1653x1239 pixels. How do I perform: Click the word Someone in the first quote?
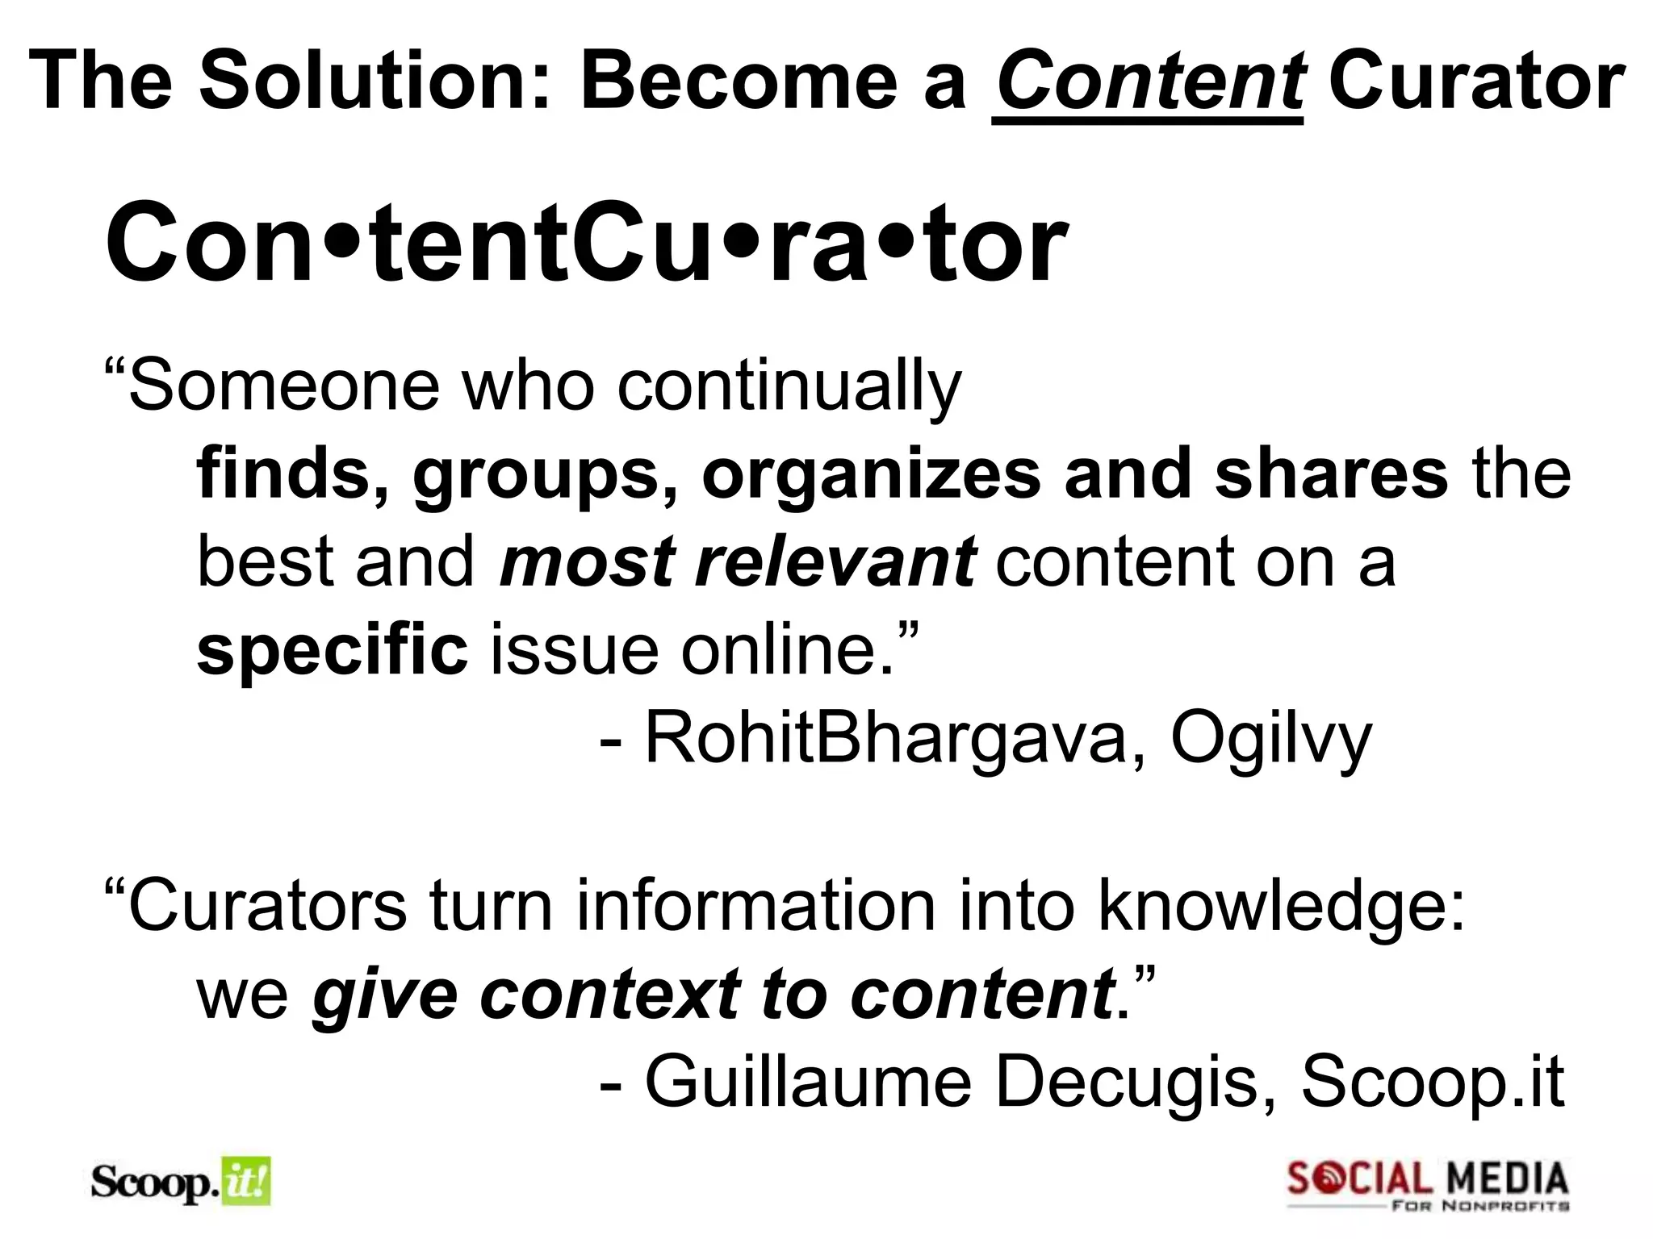(x=284, y=386)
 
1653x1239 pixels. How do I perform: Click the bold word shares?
(x=1332, y=473)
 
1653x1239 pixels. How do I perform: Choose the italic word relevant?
(x=835, y=561)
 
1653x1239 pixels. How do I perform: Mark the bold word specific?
(x=332, y=650)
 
